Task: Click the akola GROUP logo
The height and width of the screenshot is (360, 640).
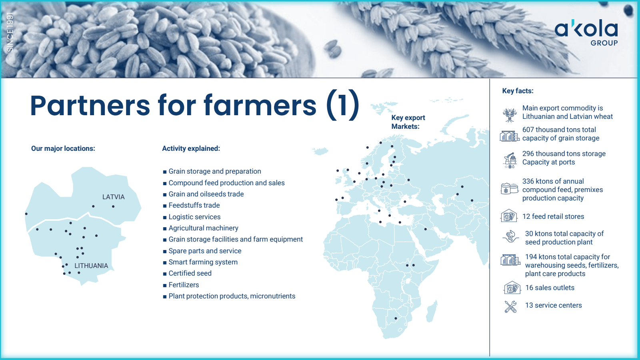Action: (586, 32)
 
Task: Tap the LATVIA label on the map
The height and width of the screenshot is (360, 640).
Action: (114, 197)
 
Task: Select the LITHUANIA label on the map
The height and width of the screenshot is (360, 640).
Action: (91, 266)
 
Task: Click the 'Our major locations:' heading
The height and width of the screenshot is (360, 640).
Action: (63, 148)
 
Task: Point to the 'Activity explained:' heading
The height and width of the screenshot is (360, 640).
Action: (191, 148)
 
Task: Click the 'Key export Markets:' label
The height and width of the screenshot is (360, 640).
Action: (408, 122)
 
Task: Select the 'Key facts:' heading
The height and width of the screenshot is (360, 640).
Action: (518, 91)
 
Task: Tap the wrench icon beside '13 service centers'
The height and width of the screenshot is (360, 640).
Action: (510, 306)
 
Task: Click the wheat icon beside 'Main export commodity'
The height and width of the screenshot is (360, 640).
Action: (510, 115)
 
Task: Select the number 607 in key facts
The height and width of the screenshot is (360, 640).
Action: (528, 130)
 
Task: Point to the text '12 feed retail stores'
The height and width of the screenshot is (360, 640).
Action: (553, 216)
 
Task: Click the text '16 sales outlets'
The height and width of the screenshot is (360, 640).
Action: (550, 288)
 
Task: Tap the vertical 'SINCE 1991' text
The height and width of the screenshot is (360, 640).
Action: (10, 32)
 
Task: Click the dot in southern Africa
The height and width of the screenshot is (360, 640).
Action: (396, 318)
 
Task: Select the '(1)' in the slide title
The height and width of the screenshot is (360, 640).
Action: (342, 105)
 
